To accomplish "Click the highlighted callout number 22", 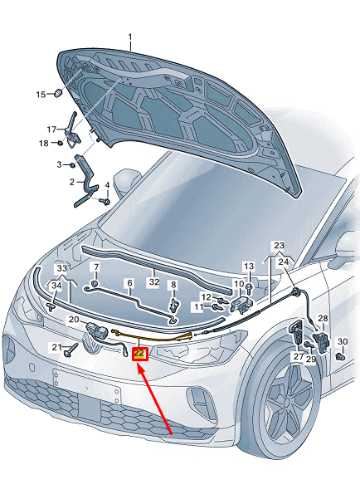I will click(139, 354).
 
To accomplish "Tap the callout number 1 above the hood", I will click(129, 37).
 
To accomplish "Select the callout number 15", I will click(40, 95).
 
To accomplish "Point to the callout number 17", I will click(51, 129).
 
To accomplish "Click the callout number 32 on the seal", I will click(153, 281).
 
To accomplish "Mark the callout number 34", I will click(56, 286).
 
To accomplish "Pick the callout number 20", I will click(73, 320).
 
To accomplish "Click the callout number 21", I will click(55, 346).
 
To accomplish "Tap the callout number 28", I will click(323, 319).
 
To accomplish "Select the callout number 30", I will click(343, 342).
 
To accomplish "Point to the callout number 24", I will click(285, 262).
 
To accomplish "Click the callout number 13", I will click(247, 266).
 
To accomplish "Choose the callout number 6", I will click(129, 283).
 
